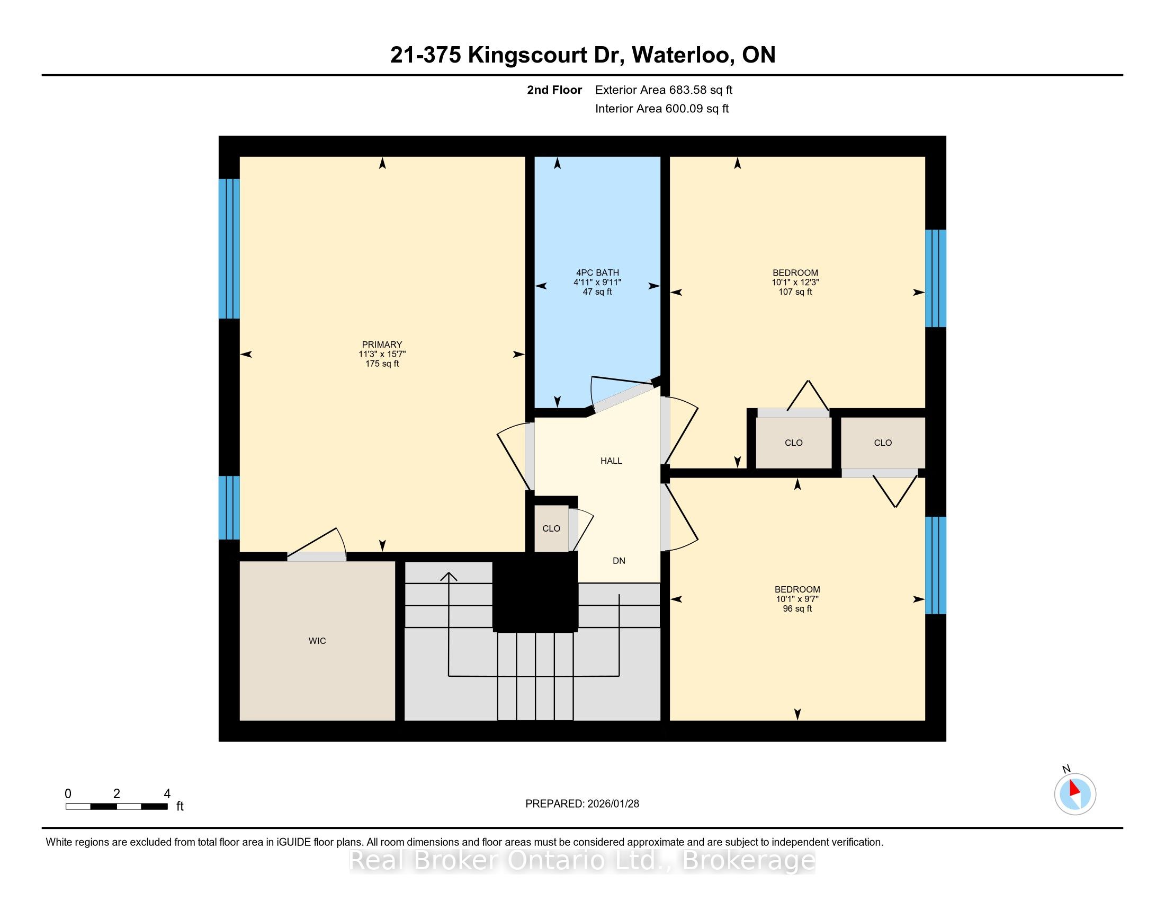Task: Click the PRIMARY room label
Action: [382, 345]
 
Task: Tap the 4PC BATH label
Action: [597, 273]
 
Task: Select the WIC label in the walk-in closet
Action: [317, 641]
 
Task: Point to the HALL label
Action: [611, 461]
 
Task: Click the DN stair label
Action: [619, 561]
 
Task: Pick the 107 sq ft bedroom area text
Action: [795, 292]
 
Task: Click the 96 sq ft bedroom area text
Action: [797, 609]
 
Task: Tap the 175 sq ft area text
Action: [382, 364]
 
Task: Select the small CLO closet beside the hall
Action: [551, 528]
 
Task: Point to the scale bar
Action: [117, 807]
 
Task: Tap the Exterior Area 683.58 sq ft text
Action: [664, 90]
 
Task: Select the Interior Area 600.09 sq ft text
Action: [662, 109]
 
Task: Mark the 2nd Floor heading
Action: [554, 90]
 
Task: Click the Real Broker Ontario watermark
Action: [582, 861]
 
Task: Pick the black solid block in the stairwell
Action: [535, 593]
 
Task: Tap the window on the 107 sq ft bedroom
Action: [935, 279]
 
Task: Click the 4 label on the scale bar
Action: [167, 794]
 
